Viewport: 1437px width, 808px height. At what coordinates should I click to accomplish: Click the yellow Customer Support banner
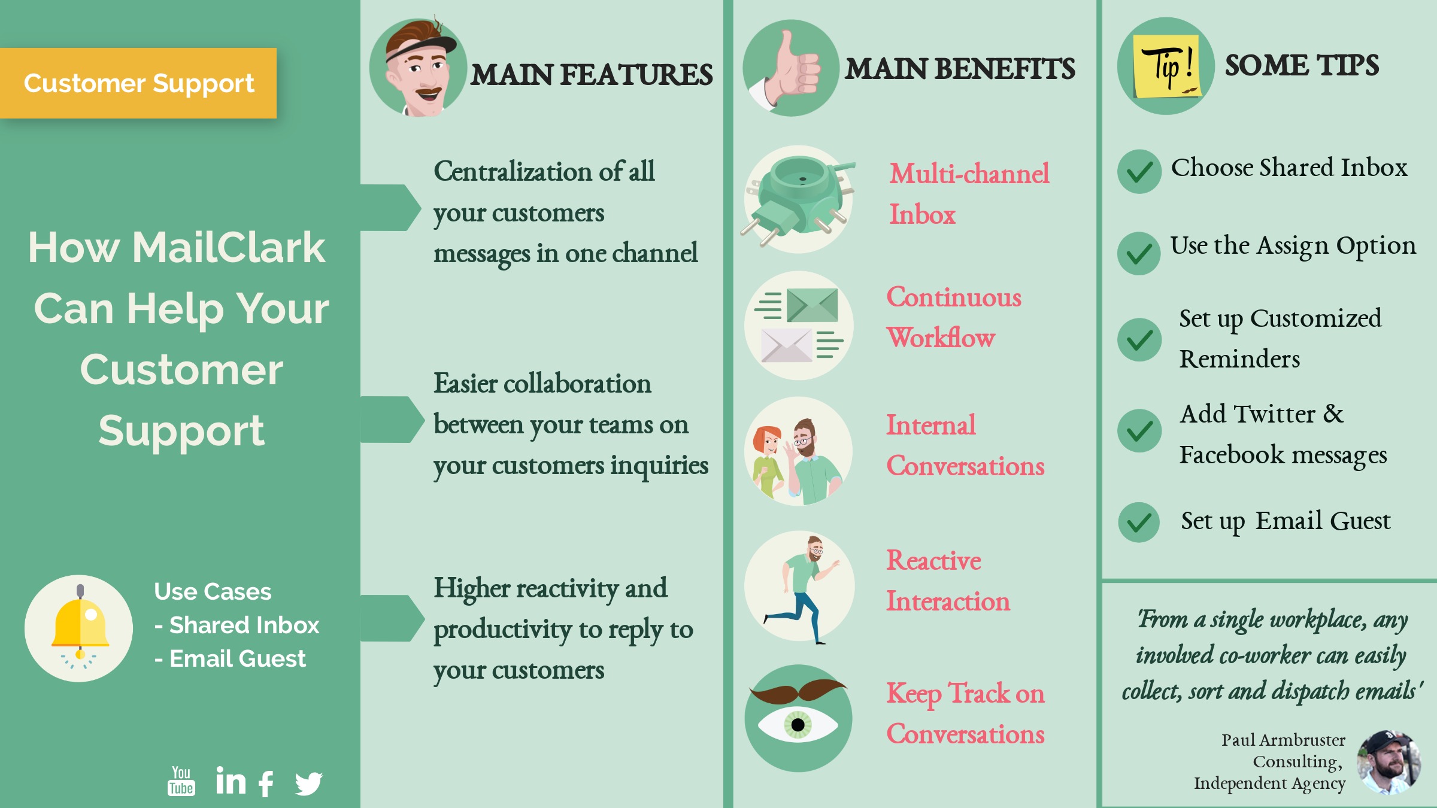click(138, 83)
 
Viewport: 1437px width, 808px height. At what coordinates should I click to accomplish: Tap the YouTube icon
click(181, 781)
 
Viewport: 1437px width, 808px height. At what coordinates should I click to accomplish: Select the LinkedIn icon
click(231, 780)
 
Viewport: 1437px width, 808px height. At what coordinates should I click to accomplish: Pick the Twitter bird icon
click(309, 783)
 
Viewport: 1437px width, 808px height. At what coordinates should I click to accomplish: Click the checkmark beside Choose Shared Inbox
click(1139, 172)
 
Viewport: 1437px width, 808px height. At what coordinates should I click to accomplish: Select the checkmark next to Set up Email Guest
click(1139, 523)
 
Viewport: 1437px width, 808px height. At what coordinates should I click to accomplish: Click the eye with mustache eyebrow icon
click(798, 718)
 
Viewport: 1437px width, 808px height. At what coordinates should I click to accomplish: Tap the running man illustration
click(803, 589)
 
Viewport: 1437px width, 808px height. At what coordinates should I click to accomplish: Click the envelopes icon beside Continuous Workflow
click(799, 325)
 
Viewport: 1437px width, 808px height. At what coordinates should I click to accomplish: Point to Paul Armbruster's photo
click(1389, 762)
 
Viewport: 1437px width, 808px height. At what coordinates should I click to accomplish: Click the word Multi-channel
click(969, 174)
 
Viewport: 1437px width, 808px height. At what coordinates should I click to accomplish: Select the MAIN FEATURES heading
click(592, 75)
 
